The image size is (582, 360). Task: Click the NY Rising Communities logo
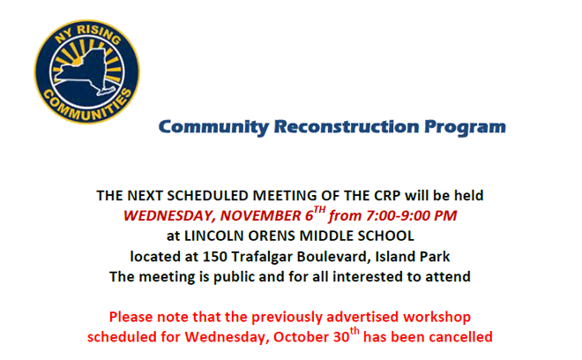point(87,71)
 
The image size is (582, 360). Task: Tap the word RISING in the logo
point(99,34)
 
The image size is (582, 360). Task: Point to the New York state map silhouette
point(86,71)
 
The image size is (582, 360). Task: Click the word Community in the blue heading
point(213,127)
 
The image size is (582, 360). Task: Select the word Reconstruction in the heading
point(347,127)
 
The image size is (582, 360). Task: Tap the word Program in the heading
point(465,128)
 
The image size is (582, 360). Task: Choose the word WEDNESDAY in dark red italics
point(169,216)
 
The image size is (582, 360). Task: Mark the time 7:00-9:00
point(399,216)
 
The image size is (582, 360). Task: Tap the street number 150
point(214,257)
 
